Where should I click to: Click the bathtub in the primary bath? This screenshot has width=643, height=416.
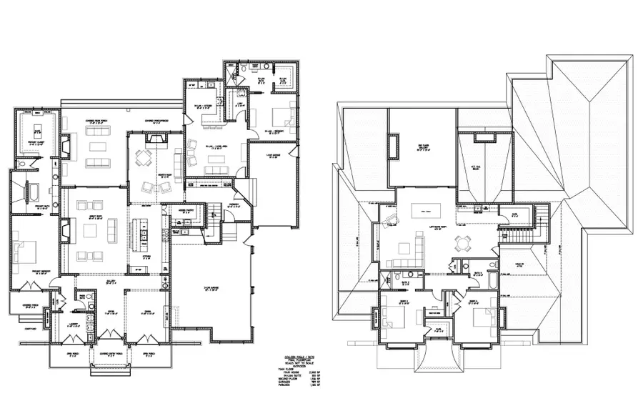pyautogui.click(x=32, y=193)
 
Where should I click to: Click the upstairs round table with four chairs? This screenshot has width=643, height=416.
pyautogui.click(x=466, y=243)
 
